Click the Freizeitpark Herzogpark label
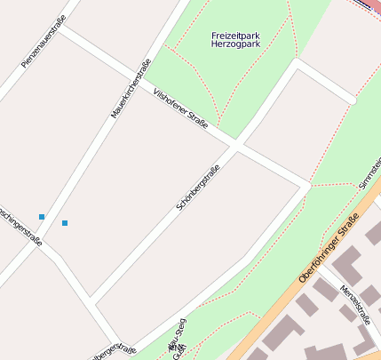coord(235,39)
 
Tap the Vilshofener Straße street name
coord(180,108)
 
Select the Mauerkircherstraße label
coord(131,89)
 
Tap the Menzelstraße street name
coord(354,306)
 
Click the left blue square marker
coord(42,217)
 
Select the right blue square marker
coord(65,222)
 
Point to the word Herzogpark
coord(235,44)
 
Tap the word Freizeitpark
coord(235,35)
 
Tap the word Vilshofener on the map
coord(170,100)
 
